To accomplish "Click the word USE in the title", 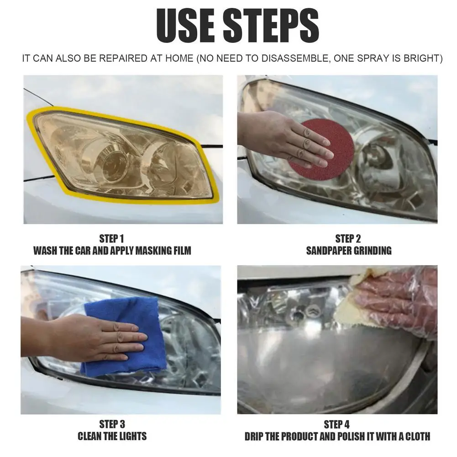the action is pyautogui.click(x=185, y=26).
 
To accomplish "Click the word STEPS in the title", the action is pyautogui.click(x=271, y=26).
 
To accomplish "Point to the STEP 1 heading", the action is pyautogui.click(x=112, y=239).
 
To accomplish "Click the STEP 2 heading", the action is pyautogui.click(x=348, y=239).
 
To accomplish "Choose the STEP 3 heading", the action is pyautogui.click(x=112, y=424).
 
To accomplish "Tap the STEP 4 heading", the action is pyautogui.click(x=336, y=425).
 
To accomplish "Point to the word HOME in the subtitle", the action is pyautogui.click(x=179, y=58).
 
